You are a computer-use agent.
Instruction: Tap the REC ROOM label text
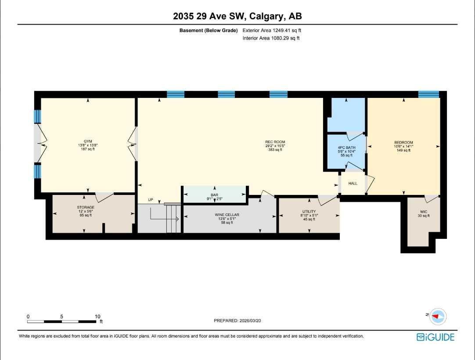click(x=275, y=142)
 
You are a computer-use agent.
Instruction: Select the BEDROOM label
click(x=403, y=142)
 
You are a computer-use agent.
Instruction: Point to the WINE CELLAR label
click(x=227, y=215)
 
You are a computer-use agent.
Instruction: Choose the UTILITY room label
click(x=309, y=212)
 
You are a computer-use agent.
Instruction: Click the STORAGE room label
click(x=86, y=207)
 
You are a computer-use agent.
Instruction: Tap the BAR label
click(x=214, y=194)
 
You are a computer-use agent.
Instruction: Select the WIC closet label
click(x=423, y=212)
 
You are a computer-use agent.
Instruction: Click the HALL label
click(x=353, y=184)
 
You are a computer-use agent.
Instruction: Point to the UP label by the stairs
click(x=151, y=200)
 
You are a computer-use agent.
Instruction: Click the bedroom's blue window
click(x=428, y=94)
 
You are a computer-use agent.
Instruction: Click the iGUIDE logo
click(x=435, y=337)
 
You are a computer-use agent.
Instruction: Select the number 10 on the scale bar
click(x=97, y=316)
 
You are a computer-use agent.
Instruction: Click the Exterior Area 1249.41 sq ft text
click(x=272, y=31)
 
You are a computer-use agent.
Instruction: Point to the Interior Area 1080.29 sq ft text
click(x=271, y=39)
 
